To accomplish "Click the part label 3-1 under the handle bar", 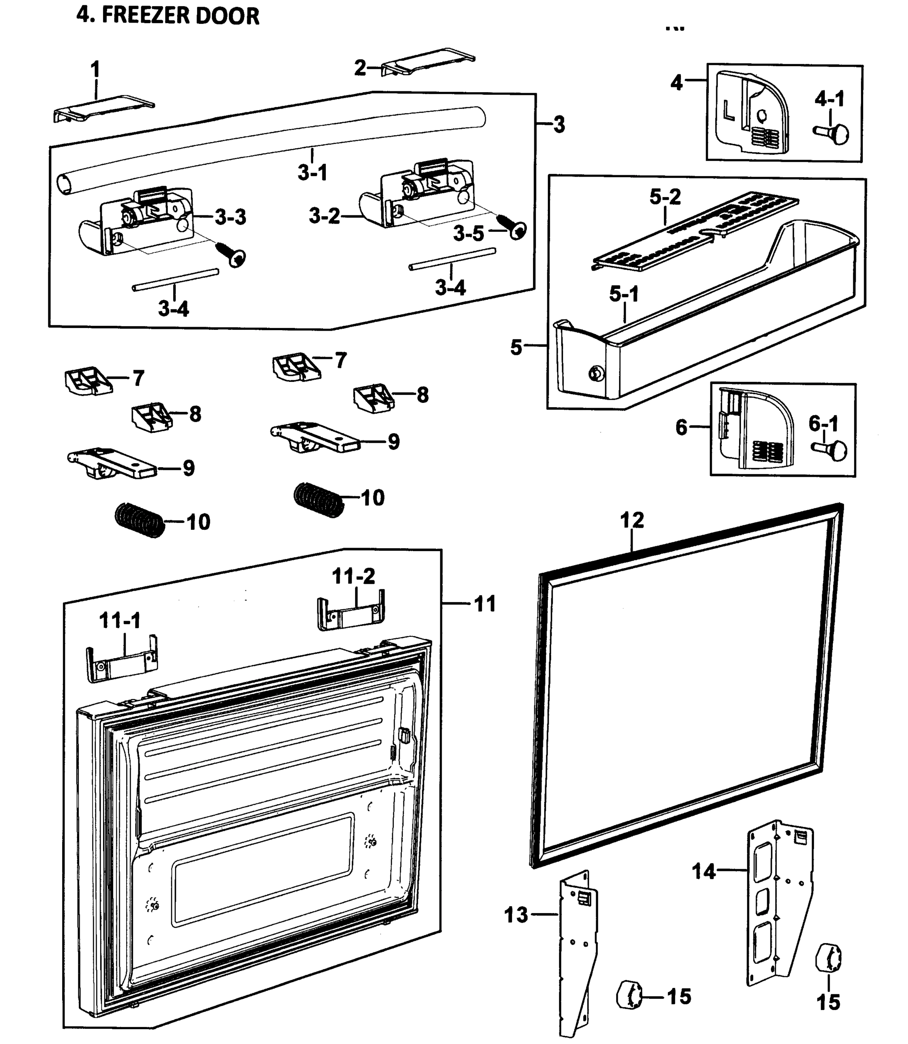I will click(312, 173).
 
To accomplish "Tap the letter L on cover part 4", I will click(728, 111).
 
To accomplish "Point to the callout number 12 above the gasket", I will click(632, 520).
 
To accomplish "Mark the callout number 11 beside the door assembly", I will click(484, 604).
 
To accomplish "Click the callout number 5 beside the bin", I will click(516, 348).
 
